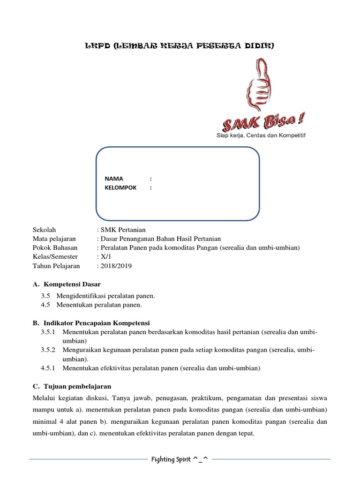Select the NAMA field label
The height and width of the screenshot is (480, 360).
click(114, 179)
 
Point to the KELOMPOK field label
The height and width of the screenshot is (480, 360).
click(120, 187)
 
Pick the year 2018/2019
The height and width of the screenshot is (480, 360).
click(116, 266)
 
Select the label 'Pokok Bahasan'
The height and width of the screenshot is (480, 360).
click(55, 247)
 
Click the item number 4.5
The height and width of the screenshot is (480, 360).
click(45, 305)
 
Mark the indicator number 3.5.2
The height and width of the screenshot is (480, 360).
click(48, 350)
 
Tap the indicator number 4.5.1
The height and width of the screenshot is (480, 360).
click(48, 368)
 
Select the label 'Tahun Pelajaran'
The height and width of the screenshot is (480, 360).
click(56, 266)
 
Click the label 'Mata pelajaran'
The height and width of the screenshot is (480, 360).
click(54, 239)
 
